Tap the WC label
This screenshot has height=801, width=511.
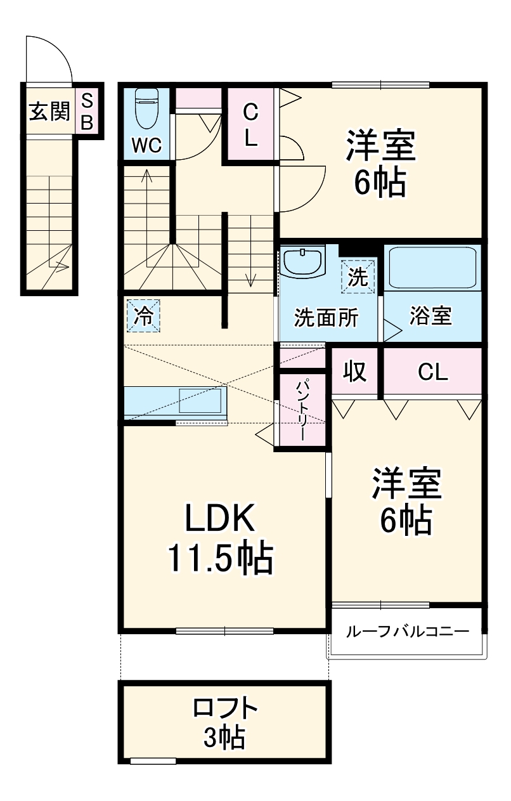pos(146,146)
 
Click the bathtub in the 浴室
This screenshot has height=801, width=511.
pos(432,268)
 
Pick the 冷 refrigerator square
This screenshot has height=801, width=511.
pos(143,315)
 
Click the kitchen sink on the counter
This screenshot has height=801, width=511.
pos(202,400)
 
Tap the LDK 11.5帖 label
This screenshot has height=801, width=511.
pos(219,538)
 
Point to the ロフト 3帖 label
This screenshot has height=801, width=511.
pos(224,722)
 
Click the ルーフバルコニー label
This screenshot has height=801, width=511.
pos(407,632)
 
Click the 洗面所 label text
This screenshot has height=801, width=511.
pos(326,318)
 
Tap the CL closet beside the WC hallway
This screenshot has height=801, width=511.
pos(251,126)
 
